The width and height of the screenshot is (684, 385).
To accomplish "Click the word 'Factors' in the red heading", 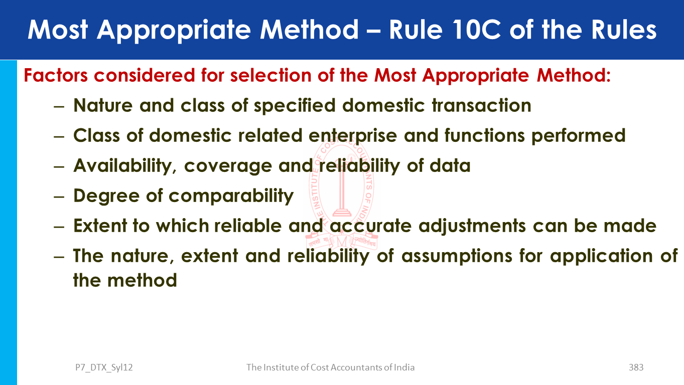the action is point(56,75).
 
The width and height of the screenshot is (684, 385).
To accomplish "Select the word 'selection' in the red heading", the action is point(270,75).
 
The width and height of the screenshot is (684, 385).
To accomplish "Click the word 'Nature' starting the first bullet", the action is point(103,105).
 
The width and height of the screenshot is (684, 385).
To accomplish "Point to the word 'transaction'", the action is point(482,105).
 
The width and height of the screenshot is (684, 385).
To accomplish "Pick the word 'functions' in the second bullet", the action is point(484,135).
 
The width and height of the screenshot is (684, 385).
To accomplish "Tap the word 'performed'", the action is point(578,136).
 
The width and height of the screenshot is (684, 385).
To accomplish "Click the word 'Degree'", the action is point(106,196).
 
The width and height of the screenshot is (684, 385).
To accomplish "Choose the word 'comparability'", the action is point(231,196).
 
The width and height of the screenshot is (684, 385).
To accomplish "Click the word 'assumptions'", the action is point(457,256).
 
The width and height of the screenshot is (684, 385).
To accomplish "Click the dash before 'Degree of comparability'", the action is point(59,197).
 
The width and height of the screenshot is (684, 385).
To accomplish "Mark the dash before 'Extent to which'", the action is point(59,227).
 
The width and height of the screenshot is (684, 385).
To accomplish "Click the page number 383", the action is point(636,367).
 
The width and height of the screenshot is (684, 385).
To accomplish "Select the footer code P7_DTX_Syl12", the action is point(104,367).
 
